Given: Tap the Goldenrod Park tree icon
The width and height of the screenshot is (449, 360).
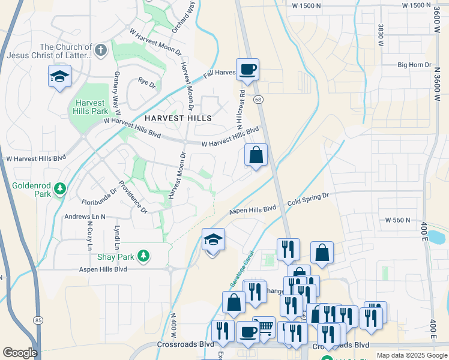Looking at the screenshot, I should pyautogui.click(x=60, y=190).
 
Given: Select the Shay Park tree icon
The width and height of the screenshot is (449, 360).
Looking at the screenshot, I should pyautogui.click(x=143, y=257).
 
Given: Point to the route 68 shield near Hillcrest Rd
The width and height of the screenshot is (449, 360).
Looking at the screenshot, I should pyautogui.click(x=258, y=99).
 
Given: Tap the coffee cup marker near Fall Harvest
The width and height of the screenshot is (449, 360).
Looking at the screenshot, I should pyautogui.click(x=247, y=70).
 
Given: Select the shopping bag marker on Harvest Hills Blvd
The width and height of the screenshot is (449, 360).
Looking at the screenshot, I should pyautogui.click(x=256, y=155).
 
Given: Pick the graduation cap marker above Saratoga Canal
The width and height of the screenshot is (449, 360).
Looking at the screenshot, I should pyautogui.click(x=213, y=240).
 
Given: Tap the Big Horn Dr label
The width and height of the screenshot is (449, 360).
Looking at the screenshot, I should pyautogui.click(x=415, y=65).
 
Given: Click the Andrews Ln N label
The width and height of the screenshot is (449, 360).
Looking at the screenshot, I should pyautogui.click(x=85, y=217).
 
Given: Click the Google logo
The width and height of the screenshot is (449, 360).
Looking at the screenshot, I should pyautogui.click(x=20, y=353).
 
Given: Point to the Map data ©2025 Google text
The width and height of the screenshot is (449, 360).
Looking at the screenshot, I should pyautogui.click(x=411, y=355).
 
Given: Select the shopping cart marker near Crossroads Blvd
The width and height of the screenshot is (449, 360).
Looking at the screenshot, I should pyautogui.click(x=264, y=327).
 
